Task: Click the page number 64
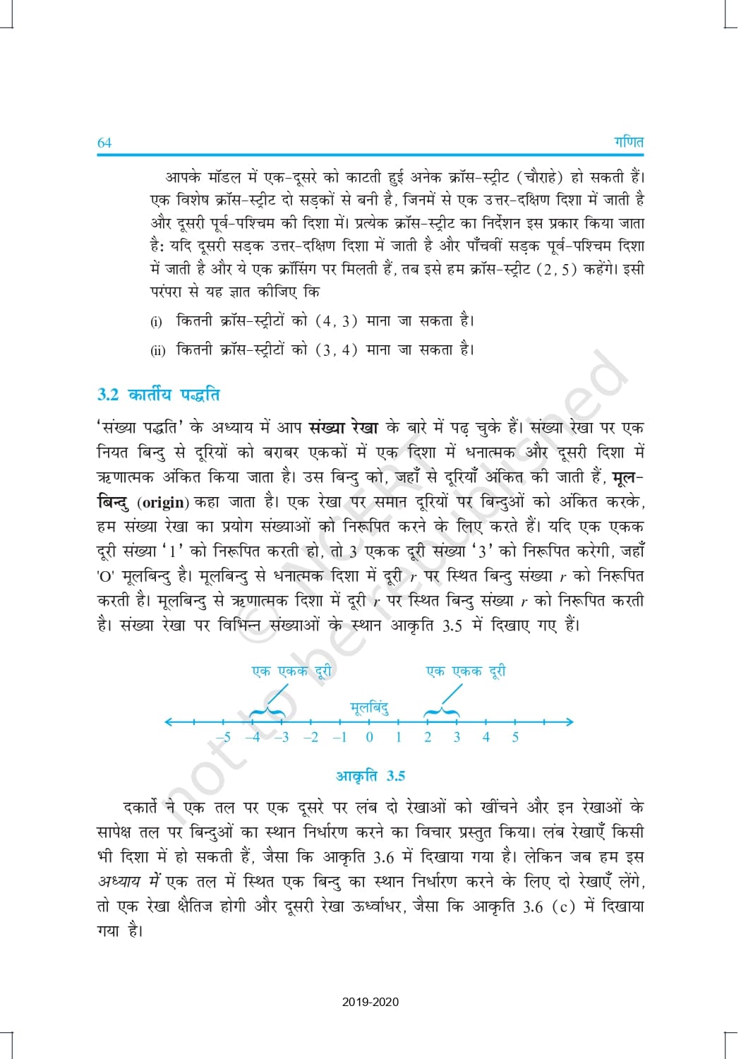(104, 143)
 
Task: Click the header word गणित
(628, 141)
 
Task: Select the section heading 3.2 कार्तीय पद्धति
(158, 394)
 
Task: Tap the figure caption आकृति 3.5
(370, 776)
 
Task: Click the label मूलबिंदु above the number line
(369, 707)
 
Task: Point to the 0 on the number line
(369, 737)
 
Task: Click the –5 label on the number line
(223, 737)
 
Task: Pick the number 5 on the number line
(515, 737)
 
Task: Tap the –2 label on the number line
(311, 737)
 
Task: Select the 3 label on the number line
(457, 737)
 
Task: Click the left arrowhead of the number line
(167, 722)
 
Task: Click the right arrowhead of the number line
(570, 722)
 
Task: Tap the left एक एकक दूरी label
(291, 671)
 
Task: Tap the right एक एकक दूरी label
(466, 671)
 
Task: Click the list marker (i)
(156, 322)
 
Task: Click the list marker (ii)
(157, 350)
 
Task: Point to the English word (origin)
(163, 503)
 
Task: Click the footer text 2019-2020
(370, 1002)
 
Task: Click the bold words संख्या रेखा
(343, 427)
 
